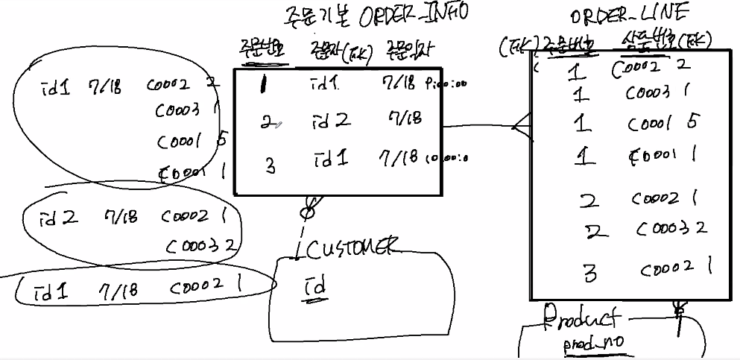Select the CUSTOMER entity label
[356, 249]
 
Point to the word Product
[581, 319]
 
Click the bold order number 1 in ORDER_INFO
[265, 85]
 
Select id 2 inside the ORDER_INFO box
[332, 120]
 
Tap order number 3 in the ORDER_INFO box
[271, 165]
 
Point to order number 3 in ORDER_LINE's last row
[590, 274]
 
